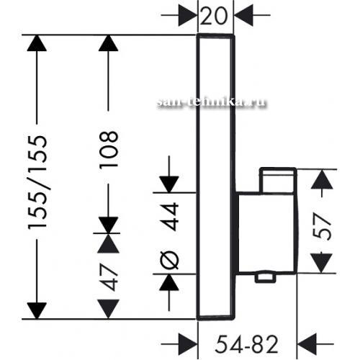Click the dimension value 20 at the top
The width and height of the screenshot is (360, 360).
click(x=213, y=16)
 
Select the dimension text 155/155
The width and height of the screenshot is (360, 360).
click(x=37, y=182)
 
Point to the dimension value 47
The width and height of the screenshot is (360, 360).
click(x=109, y=277)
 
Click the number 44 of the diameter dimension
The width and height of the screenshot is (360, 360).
click(x=169, y=217)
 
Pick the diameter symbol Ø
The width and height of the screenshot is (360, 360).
click(x=169, y=260)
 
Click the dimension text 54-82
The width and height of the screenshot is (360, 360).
click(x=247, y=344)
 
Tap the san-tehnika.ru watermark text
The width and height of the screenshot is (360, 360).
click(x=212, y=102)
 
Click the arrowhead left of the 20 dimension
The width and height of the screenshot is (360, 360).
click(x=188, y=16)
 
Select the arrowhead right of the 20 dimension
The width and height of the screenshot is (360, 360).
click(x=243, y=16)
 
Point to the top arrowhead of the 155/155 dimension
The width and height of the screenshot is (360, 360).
click(x=37, y=43)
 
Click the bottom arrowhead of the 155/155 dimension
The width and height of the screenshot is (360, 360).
click(x=37, y=311)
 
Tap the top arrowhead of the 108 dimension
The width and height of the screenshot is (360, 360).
click(x=108, y=43)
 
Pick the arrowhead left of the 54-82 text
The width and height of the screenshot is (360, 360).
click(x=188, y=344)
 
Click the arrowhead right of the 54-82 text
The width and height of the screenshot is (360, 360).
click(x=307, y=344)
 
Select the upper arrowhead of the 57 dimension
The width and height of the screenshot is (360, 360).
click(x=322, y=179)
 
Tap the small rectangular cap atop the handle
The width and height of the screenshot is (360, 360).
click(x=278, y=180)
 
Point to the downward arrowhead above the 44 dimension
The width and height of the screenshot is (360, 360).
click(x=169, y=184)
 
